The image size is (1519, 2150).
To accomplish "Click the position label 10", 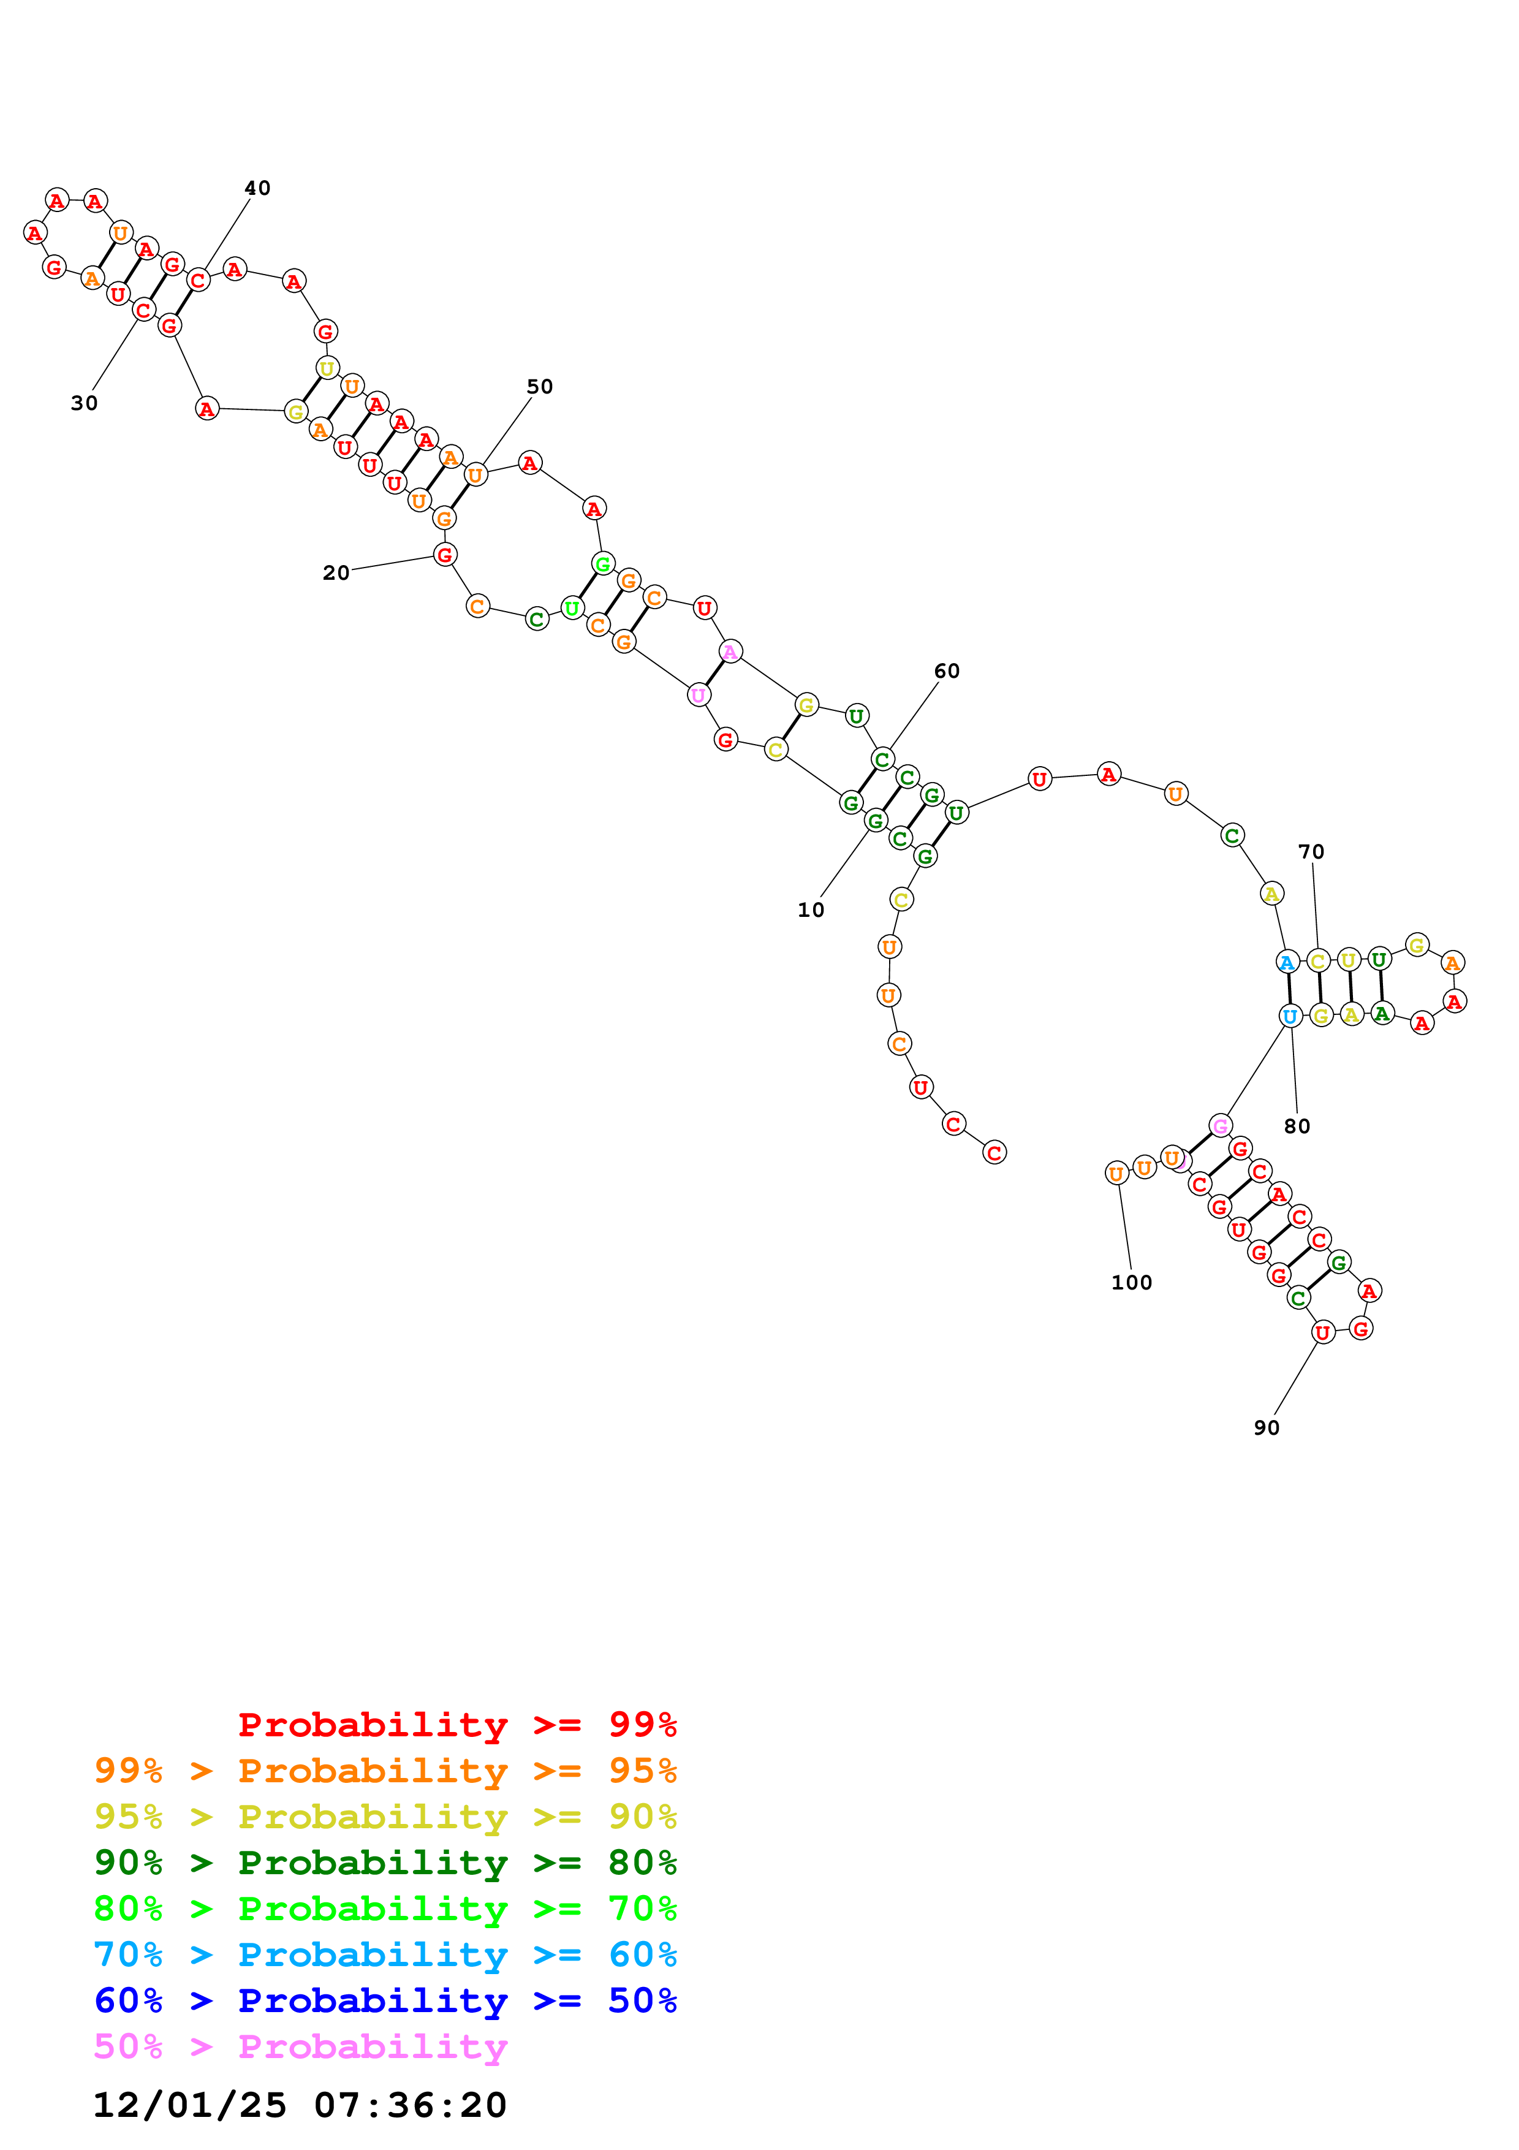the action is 811,910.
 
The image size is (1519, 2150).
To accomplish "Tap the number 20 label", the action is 336,573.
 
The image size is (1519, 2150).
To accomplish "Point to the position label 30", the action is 84,404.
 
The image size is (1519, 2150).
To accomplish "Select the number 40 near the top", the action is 257,188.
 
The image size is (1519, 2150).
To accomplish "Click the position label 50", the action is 539,387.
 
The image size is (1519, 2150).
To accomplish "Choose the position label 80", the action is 1296,1126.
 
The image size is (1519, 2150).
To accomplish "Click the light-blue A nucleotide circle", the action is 1287,962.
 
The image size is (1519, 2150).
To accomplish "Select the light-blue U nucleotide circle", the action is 1290,1016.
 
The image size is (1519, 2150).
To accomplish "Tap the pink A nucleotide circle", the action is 730,651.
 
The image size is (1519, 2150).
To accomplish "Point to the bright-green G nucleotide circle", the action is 603,564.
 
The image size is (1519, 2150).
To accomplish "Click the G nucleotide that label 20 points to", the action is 445,555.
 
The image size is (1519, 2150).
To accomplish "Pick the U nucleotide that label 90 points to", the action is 1322,1332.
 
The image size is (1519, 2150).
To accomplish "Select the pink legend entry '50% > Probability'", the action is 300,2047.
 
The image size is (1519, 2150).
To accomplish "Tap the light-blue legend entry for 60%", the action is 385,1955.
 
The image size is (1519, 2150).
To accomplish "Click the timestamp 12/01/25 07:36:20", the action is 300,2105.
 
